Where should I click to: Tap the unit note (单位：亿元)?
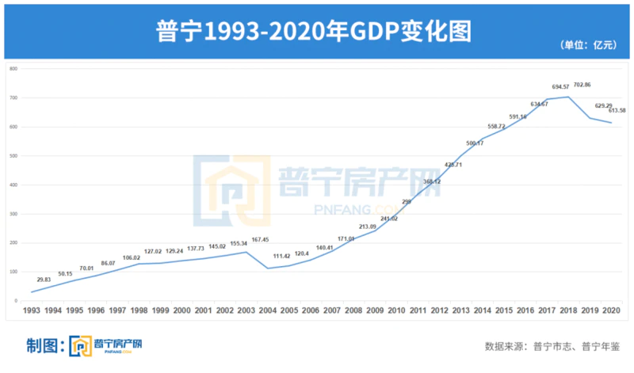pos(589,45)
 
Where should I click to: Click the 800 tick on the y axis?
pos(13,68)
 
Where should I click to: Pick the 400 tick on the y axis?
pos(13,185)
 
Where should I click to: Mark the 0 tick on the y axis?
pos(16,301)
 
